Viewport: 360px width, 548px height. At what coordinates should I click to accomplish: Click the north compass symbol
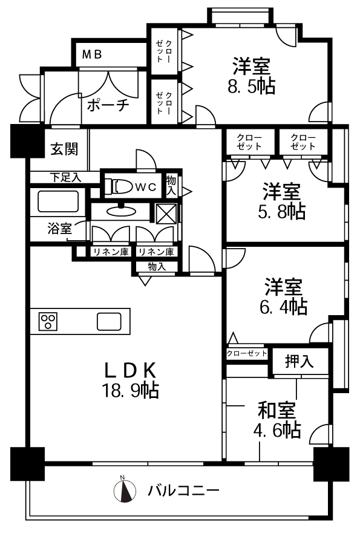(x=125, y=490)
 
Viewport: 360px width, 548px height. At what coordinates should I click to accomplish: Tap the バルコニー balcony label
(x=183, y=491)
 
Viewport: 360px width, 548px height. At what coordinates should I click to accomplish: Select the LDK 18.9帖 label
(x=130, y=380)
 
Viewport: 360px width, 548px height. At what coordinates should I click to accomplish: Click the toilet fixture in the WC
(x=118, y=186)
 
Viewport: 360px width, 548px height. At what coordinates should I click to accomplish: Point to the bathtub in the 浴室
(x=58, y=201)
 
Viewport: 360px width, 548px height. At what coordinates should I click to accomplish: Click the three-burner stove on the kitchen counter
(x=48, y=321)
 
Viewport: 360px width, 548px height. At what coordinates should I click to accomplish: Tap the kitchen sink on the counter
(x=109, y=321)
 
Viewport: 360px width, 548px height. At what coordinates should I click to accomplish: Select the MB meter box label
(x=92, y=54)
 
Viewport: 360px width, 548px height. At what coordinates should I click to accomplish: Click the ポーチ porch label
(x=108, y=105)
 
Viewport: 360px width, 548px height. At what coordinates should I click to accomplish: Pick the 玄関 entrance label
(x=64, y=149)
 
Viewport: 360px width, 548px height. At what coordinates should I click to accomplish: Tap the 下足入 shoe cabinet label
(x=66, y=178)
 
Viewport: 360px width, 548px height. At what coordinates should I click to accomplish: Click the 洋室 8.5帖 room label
(x=252, y=76)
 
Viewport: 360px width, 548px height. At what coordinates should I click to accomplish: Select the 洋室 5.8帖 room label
(x=282, y=201)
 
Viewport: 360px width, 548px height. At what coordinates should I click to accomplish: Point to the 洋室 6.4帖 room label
(x=283, y=296)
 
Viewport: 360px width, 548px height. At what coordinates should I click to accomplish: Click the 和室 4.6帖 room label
(x=277, y=420)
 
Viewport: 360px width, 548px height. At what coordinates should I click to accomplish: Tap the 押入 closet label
(x=299, y=361)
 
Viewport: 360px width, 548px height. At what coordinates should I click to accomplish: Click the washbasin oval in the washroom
(x=121, y=210)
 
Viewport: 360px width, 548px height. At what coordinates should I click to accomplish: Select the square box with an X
(x=166, y=213)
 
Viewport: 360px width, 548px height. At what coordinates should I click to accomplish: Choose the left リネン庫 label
(x=111, y=252)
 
